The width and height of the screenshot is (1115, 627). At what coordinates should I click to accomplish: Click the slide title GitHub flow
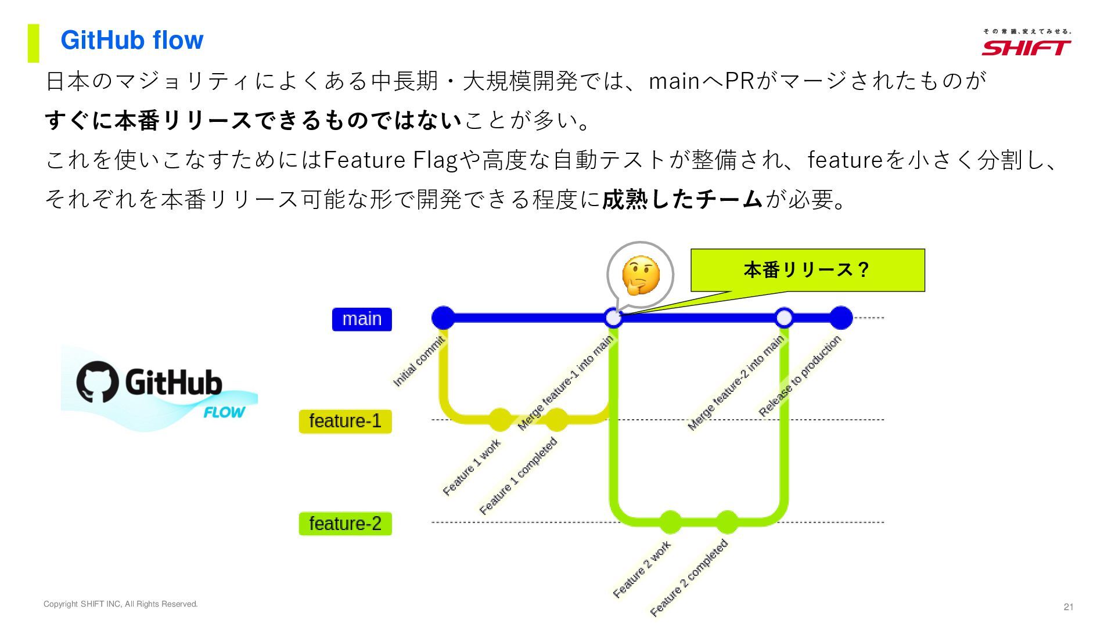(x=132, y=40)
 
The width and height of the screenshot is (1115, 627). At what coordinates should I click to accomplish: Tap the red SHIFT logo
(x=1026, y=48)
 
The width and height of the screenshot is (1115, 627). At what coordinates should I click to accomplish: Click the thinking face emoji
(x=641, y=275)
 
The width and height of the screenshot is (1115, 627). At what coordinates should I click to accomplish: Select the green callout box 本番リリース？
(x=807, y=270)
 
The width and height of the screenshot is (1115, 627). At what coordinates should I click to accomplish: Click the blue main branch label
(x=362, y=319)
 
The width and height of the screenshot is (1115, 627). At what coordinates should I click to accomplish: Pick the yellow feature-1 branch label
(x=345, y=421)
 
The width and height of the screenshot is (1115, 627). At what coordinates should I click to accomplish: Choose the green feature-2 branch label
(x=345, y=524)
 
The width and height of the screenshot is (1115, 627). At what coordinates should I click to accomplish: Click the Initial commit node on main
(x=444, y=318)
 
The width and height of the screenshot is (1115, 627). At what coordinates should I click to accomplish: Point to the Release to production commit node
(x=840, y=318)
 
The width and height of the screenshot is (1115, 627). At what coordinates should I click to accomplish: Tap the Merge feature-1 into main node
(x=613, y=318)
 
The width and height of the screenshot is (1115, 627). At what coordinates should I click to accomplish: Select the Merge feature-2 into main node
(x=784, y=318)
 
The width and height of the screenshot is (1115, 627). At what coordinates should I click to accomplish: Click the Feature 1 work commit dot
(x=500, y=419)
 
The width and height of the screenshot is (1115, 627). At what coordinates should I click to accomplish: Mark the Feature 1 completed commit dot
(x=556, y=419)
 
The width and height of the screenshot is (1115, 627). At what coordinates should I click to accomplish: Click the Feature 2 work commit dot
(x=670, y=522)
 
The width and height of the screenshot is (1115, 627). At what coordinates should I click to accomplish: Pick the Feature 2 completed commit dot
(x=726, y=522)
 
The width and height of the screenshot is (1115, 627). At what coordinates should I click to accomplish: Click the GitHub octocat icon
(x=97, y=382)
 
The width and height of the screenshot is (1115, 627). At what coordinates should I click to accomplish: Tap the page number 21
(x=1068, y=607)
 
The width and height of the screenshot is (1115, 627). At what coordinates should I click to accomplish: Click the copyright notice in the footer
(x=121, y=604)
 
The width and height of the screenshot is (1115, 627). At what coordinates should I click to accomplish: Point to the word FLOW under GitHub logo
(x=224, y=412)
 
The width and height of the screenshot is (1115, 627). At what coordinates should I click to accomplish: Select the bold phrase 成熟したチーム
(x=682, y=199)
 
